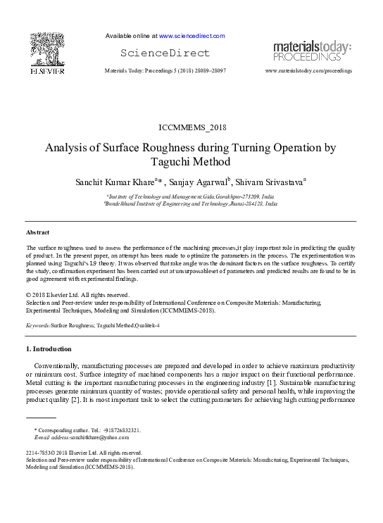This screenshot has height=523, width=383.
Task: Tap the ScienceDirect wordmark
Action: [x=165, y=53]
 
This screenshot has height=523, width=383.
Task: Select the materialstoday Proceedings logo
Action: [x=312, y=51]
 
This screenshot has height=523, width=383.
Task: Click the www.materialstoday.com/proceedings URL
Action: [x=308, y=71]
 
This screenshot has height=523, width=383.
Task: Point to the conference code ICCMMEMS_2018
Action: [x=191, y=127]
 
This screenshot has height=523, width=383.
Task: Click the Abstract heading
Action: [x=38, y=232]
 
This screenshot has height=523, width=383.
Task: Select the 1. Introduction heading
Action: [x=48, y=349]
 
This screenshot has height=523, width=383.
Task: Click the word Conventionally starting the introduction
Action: [x=55, y=367]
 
